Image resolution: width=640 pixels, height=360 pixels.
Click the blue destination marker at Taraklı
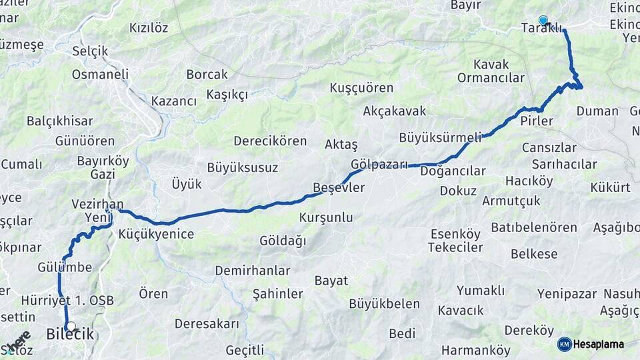543,21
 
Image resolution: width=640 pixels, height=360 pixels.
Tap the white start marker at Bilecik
71,327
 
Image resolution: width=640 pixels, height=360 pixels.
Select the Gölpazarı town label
379,164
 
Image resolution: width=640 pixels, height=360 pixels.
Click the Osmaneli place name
100,74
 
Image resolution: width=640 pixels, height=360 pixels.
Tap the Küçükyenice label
156,234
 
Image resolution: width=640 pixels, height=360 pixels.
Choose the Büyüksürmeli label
440,138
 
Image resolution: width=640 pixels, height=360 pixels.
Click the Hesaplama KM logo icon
565,344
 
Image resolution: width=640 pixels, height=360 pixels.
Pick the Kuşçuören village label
361,88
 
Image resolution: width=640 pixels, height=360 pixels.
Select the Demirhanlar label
253,271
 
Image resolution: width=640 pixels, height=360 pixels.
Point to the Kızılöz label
149,28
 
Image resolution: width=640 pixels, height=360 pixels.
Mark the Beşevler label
339,188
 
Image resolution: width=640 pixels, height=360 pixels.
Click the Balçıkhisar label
60,121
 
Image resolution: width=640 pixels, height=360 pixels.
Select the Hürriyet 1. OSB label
67,300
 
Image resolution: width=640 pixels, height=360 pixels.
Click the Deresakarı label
207,324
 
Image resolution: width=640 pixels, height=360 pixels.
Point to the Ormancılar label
491,78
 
